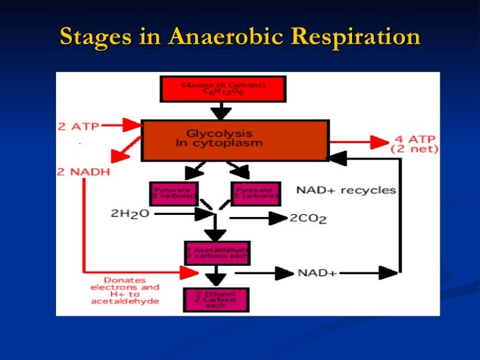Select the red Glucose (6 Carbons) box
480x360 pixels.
click(x=223, y=89)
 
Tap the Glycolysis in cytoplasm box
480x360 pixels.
click(x=234, y=138)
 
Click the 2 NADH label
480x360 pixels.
click(x=82, y=171)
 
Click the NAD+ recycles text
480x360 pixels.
click(x=346, y=191)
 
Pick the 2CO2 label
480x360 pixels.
click(x=308, y=218)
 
